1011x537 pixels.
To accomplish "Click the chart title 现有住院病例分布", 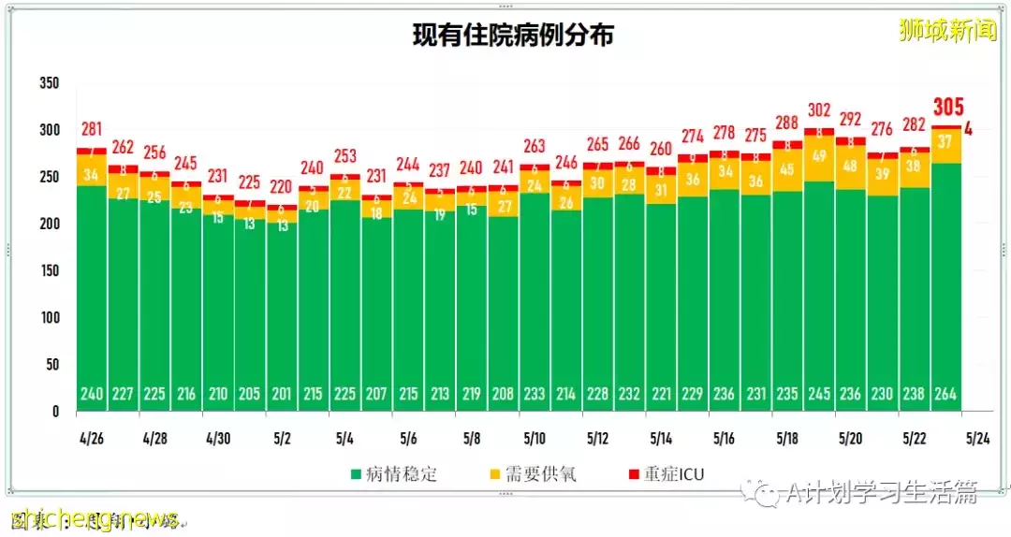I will coord(513,36).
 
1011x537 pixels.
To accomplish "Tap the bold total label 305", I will coord(946,108).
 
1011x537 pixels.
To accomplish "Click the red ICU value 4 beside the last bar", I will coord(968,129).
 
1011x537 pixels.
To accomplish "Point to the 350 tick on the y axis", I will coord(50,83).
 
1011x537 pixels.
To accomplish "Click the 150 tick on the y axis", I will coord(50,270).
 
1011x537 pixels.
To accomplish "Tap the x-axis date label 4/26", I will coord(91,437).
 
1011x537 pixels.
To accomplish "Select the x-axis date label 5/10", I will coord(535,437).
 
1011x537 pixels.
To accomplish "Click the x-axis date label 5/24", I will coord(977,437).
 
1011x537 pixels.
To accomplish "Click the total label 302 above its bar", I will coord(819,109).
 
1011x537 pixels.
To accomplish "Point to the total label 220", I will coord(281,185).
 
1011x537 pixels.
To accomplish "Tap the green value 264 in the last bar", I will coord(945,394).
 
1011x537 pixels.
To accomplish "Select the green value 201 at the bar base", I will coord(281,394).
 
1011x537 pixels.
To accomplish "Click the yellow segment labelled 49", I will coord(819,156).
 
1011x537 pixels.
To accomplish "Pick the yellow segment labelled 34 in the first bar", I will coord(91,174).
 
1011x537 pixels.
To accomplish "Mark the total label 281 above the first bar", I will coord(92,129).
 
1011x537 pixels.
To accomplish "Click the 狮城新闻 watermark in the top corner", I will coord(946,31).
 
